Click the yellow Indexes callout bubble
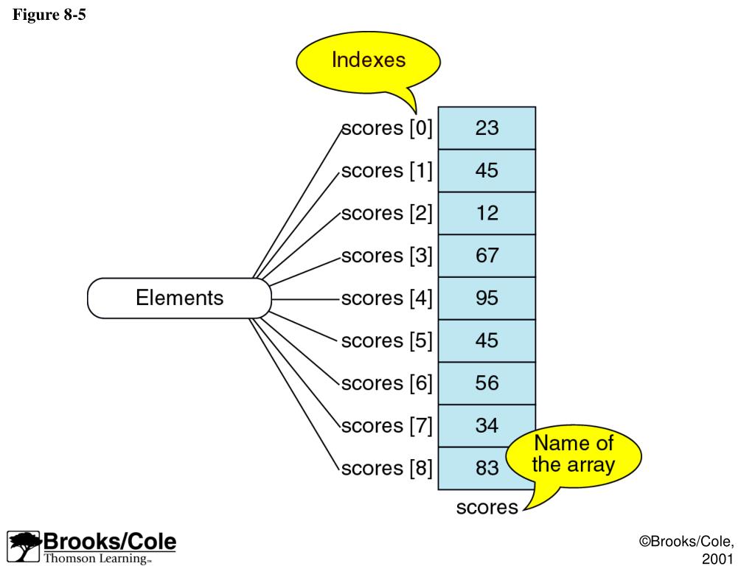(x=368, y=60)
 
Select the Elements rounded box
(x=179, y=298)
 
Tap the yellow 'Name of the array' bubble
(x=573, y=454)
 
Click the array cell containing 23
(x=487, y=128)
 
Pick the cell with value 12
(x=487, y=214)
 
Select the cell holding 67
(x=487, y=256)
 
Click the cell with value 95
(x=487, y=298)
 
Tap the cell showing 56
(x=487, y=383)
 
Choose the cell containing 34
(x=487, y=425)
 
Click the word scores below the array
(x=487, y=508)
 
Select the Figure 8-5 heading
(x=49, y=15)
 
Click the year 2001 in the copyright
(x=717, y=559)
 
